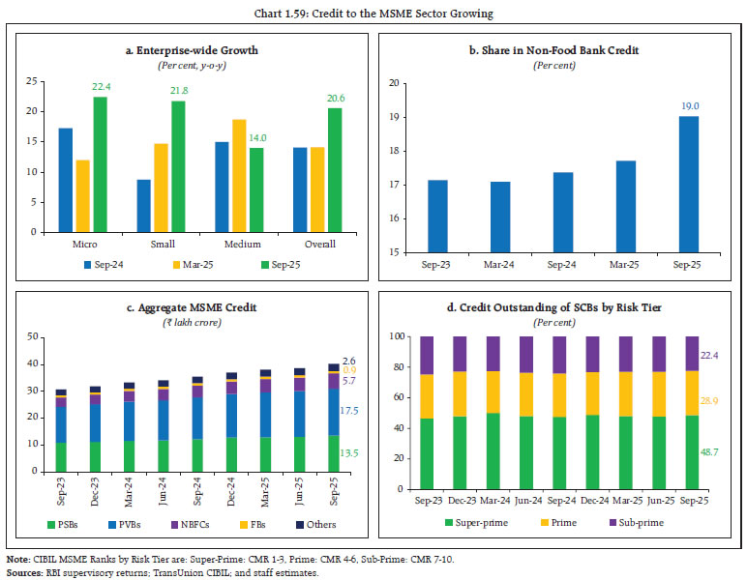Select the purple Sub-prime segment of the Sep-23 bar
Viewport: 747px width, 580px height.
pos(428,355)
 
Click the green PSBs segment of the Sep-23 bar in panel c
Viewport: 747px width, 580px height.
pos(60,456)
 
